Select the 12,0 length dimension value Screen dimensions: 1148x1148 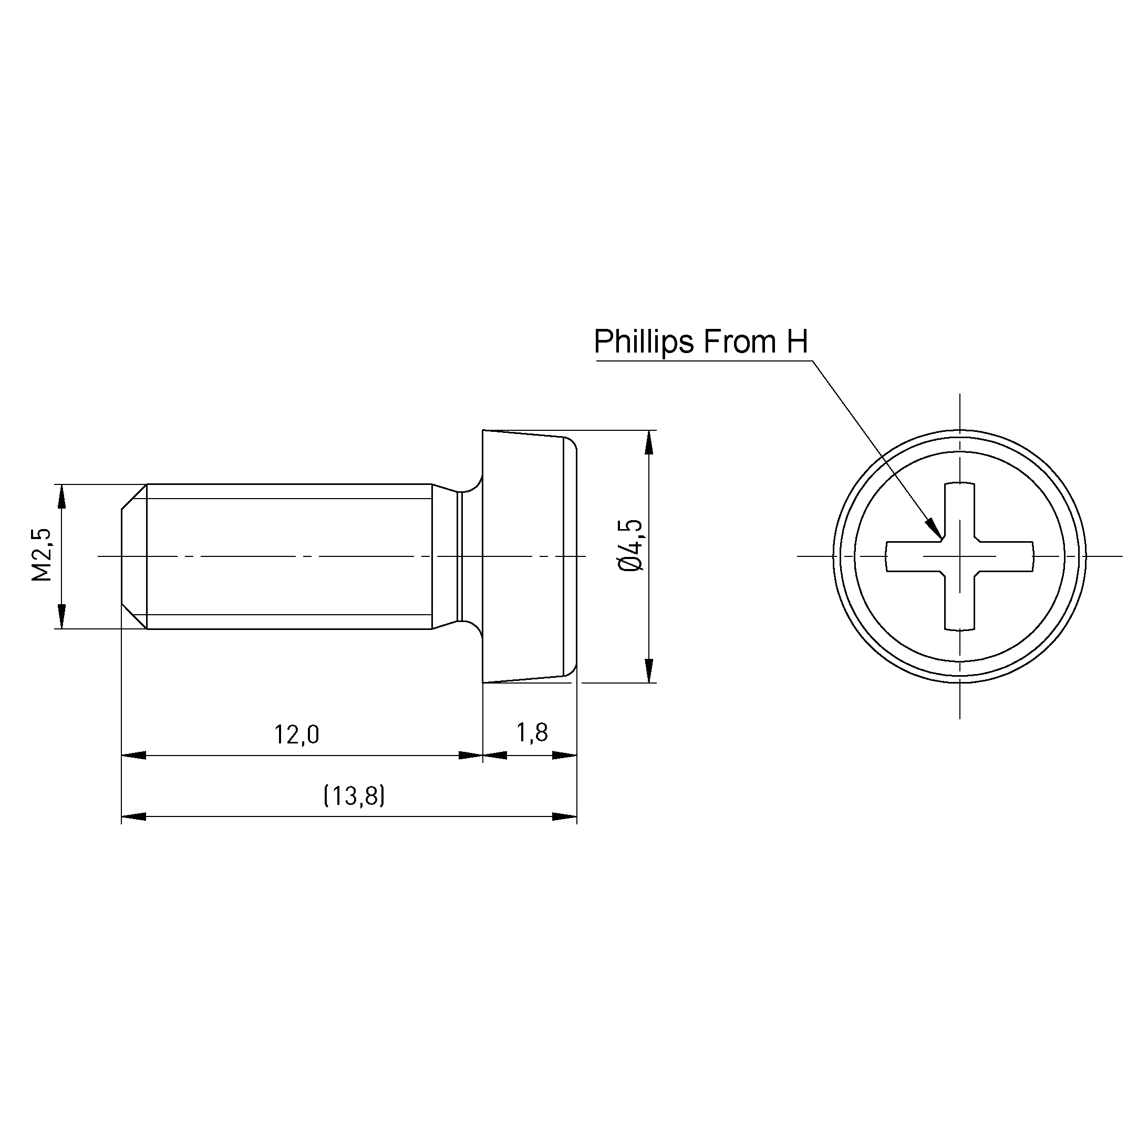(x=296, y=735)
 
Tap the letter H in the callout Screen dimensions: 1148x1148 (x=798, y=342)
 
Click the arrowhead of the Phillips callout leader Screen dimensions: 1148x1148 (x=933, y=527)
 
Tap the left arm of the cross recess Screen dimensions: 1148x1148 (x=915, y=557)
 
